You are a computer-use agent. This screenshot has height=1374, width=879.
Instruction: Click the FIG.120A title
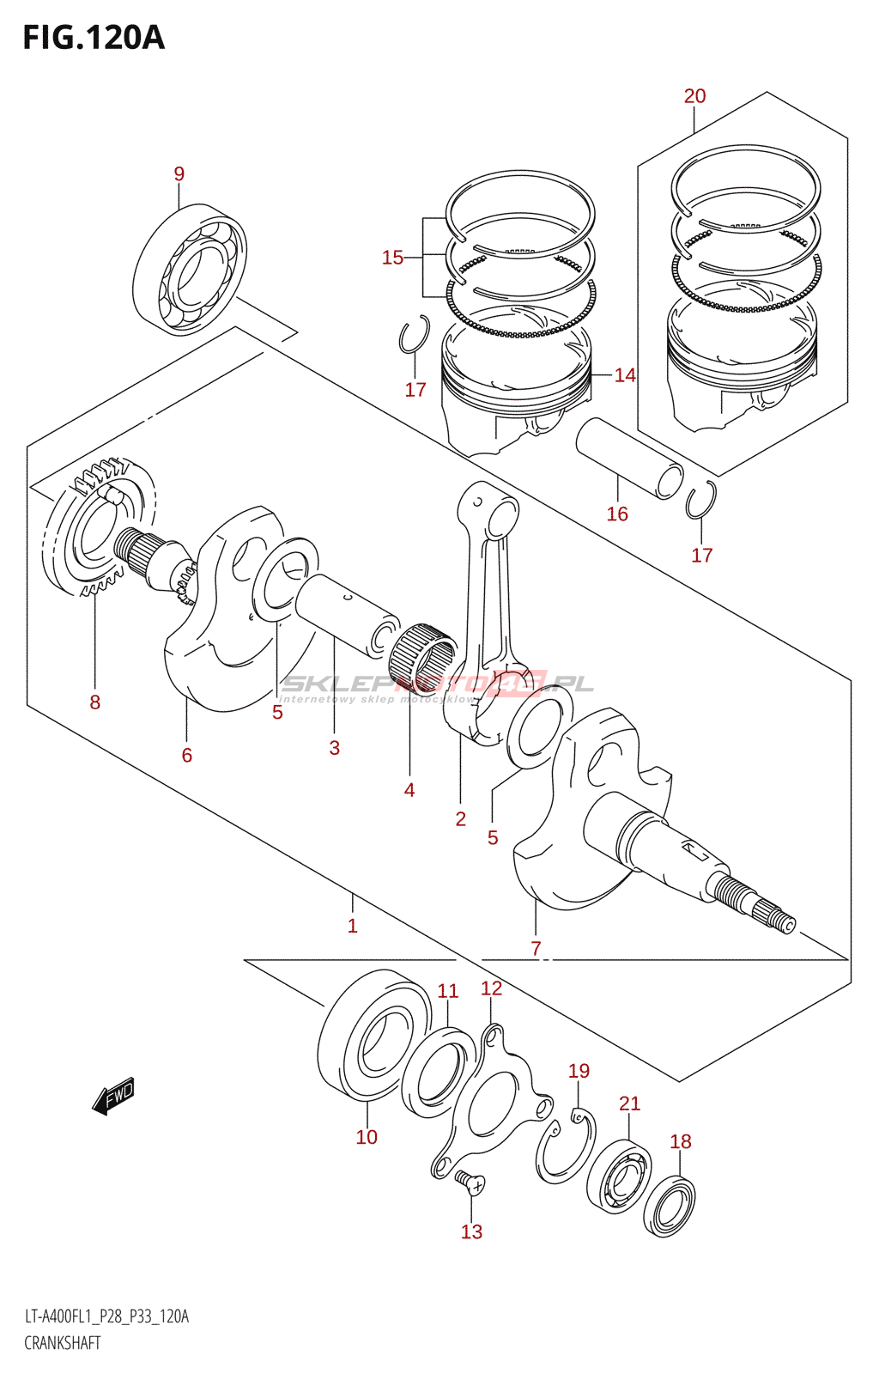tap(93, 38)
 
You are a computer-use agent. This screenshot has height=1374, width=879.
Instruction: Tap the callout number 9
tap(179, 174)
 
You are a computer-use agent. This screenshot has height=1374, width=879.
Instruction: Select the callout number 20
tap(694, 96)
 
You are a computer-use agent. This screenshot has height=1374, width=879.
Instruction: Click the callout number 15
tap(392, 258)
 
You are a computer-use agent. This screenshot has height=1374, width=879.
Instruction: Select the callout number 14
tap(625, 375)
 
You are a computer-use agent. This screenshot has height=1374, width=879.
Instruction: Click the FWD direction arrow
tap(113, 1097)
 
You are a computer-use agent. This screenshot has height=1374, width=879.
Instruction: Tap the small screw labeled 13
tap(470, 1183)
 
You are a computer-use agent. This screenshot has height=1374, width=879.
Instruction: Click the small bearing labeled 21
tap(619, 1176)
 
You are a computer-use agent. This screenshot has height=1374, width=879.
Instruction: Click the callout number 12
tap(491, 988)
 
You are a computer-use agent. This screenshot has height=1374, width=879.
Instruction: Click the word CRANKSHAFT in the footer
tap(63, 1343)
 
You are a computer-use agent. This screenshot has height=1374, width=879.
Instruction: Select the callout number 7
tap(536, 949)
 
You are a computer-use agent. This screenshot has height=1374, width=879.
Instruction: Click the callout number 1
tap(352, 926)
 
